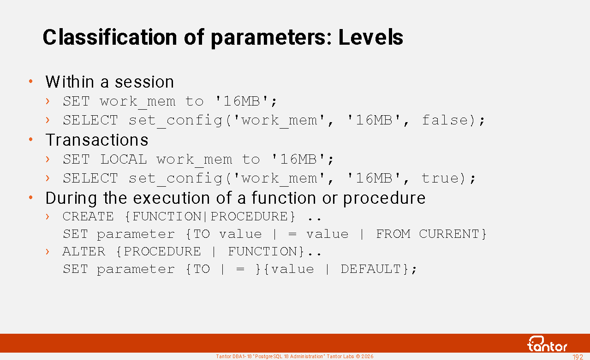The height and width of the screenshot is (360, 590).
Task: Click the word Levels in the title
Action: point(370,37)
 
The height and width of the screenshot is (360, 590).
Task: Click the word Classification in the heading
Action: point(110,37)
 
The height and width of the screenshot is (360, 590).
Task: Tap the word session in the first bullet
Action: point(144,82)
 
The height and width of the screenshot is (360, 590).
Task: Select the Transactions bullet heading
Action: point(97,140)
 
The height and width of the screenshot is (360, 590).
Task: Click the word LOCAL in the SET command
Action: point(123,159)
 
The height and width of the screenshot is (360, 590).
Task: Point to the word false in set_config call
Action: point(445,120)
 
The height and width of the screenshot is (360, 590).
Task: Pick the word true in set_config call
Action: point(440,178)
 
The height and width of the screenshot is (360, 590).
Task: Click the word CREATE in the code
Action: point(88,216)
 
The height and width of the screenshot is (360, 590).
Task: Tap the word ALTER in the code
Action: point(84,251)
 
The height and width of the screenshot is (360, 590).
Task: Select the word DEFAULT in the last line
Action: point(370,269)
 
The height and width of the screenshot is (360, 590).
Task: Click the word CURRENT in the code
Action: point(449,234)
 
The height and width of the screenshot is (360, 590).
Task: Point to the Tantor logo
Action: point(547,344)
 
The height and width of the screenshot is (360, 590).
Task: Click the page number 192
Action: point(578,357)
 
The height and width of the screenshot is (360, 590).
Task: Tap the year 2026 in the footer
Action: point(368,356)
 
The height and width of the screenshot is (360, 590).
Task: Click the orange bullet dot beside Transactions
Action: point(31,139)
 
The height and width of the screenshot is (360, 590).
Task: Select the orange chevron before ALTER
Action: point(48,252)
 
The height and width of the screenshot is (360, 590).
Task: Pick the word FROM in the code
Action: point(393,234)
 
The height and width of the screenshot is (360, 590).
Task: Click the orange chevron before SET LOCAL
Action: point(48,159)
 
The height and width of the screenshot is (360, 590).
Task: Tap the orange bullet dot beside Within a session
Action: point(31,81)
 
